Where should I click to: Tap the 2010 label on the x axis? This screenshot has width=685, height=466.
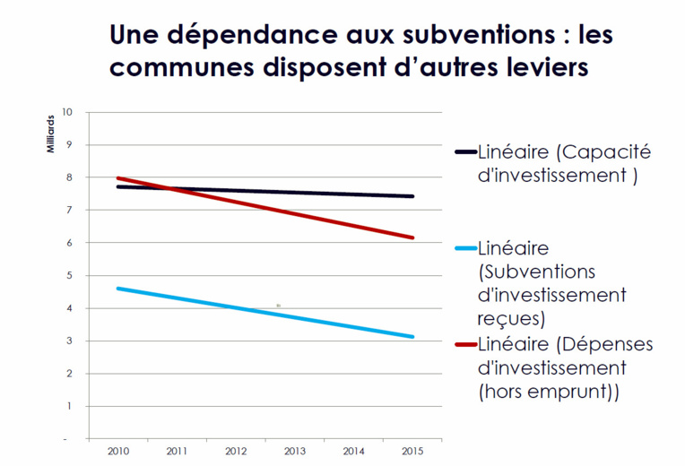pos(117,451)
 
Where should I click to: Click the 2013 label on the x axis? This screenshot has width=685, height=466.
pos(295,451)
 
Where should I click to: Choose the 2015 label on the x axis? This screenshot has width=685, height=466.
pos(412,451)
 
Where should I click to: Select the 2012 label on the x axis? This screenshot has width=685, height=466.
pos(236,451)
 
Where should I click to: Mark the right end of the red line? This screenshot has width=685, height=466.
pos(412,237)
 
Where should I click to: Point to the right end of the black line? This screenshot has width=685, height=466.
pos(412,196)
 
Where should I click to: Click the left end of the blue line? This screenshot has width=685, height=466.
pos(118,289)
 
